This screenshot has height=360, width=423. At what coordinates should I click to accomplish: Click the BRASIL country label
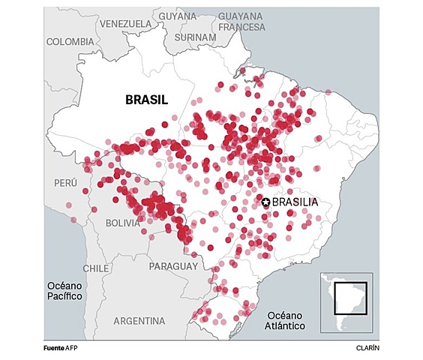click(x=146, y=100)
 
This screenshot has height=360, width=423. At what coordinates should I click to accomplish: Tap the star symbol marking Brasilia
click(x=265, y=202)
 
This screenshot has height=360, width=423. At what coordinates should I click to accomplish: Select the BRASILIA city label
click(x=295, y=202)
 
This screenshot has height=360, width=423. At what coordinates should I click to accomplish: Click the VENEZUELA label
click(x=125, y=23)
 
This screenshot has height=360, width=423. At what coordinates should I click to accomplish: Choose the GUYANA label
click(x=178, y=16)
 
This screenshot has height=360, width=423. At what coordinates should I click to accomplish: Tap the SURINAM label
click(x=194, y=37)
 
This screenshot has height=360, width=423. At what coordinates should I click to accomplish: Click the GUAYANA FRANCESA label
click(x=241, y=21)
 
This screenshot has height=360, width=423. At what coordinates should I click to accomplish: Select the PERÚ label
click(x=65, y=183)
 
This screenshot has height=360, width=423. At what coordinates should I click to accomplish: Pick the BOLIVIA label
click(x=123, y=223)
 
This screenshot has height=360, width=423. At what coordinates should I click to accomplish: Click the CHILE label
click(x=96, y=268)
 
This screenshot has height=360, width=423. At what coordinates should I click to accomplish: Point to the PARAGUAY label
click(x=173, y=266)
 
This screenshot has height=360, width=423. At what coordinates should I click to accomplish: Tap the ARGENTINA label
click(x=139, y=321)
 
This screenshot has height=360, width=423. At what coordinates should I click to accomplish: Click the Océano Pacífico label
click(x=64, y=291)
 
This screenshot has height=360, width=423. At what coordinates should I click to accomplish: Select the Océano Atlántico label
click(x=284, y=320)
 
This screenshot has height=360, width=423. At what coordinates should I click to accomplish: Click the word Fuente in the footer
click(x=53, y=349)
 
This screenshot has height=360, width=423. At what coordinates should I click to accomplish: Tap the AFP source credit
click(x=72, y=349)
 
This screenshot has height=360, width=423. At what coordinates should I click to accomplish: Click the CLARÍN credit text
click(x=367, y=349)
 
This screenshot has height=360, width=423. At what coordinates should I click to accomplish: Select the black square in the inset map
click(x=350, y=297)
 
